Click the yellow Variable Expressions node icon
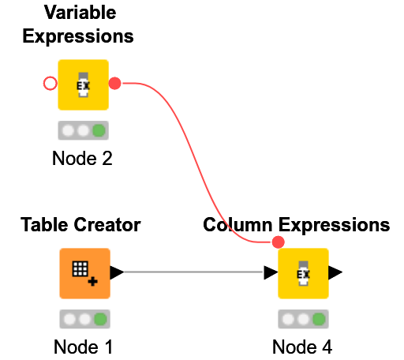[x=83, y=84]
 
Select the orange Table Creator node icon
[x=84, y=273]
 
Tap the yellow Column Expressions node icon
[x=303, y=273]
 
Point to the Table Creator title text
[x=80, y=226]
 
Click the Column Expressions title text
[x=296, y=226]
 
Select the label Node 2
[x=83, y=159]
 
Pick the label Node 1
[x=84, y=347]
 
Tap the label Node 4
[x=302, y=347]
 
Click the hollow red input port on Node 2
[x=50, y=83]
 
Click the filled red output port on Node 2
[x=114, y=83]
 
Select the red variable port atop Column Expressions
[x=278, y=242]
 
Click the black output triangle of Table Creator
[x=117, y=273]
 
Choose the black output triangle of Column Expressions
[x=335, y=273]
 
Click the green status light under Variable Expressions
[x=99, y=130]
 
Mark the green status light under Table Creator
[x=100, y=320]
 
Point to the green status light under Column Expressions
[x=318, y=320]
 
